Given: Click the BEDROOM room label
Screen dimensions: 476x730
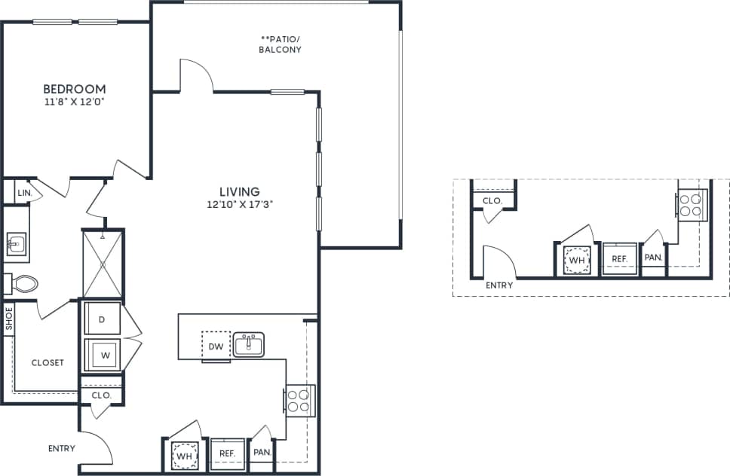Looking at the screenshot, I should [x=74, y=89].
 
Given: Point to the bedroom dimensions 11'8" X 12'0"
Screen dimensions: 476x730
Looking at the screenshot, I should [x=74, y=101].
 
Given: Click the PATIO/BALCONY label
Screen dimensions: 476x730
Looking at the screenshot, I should [x=281, y=44].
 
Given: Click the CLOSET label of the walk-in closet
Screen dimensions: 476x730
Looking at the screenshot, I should [x=48, y=362].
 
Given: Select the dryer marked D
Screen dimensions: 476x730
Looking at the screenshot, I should [x=102, y=319].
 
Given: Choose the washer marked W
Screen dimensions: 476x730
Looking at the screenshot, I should [x=103, y=354].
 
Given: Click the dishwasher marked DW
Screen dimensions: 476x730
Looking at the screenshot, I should [x=215, y=346].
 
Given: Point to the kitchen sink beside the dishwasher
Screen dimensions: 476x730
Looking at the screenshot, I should [x=248, y=344].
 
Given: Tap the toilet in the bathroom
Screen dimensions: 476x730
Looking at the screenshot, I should [x=23, y=284].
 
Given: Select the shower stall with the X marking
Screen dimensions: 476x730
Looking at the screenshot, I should [x=102, y=264].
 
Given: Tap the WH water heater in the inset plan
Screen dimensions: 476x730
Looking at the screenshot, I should [x=577, y=260].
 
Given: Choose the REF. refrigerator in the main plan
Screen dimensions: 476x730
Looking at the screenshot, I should [x=228, y=453].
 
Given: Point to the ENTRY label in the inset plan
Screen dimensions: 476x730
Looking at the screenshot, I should [x=499, y=285].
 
